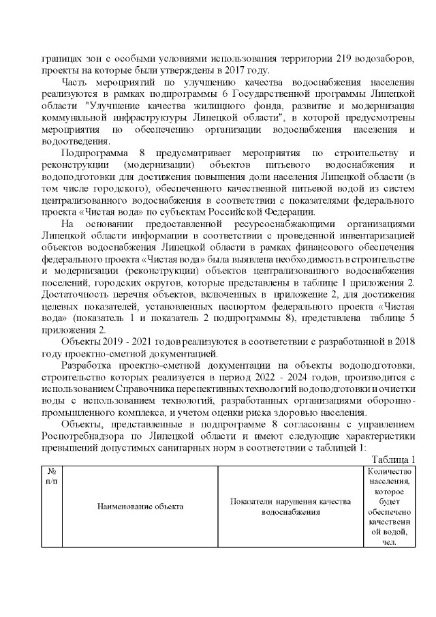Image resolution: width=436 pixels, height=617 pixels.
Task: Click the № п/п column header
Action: tap(52, 477)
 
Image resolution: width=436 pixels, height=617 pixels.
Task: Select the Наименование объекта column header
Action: tap(140, 506)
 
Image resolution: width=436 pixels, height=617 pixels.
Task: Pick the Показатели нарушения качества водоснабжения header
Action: tap(290, 506)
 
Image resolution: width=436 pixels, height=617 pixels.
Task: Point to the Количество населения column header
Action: tap(388, 506)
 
